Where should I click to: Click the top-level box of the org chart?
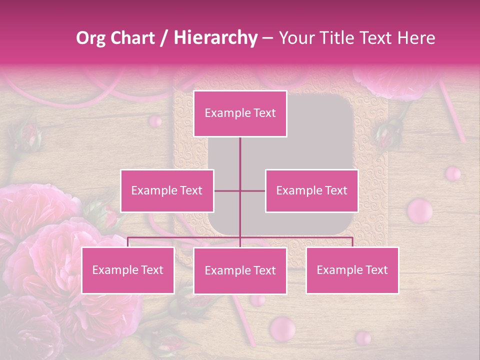pos(240,113)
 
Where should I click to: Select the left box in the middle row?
pos(167,190)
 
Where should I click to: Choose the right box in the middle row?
pos(311,190)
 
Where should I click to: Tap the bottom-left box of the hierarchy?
pos(128,270)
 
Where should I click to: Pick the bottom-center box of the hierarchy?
pos(240,270)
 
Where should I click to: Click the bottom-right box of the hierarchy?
pos(352,270)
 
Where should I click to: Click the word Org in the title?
pos(90,38)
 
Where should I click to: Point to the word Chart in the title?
pos(132,38)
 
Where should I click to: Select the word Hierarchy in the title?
pos(215,38)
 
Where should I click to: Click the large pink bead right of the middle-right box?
pos(419,210)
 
